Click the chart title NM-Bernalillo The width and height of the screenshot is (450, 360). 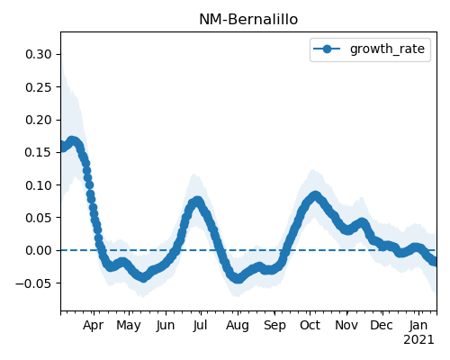[x=248, y=20]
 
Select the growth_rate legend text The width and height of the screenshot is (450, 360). [x=387, y=49]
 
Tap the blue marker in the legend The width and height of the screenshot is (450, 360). [x=327, y=49]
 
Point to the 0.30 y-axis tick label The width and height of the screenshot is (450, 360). [x=39, y=54]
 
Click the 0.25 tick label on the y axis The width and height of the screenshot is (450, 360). [x=39, y=87]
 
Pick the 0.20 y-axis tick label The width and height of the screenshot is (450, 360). [x=39, y=120]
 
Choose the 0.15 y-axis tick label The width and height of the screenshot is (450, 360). [x=39, y=152]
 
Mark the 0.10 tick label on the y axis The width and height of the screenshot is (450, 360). [x=39, y=185]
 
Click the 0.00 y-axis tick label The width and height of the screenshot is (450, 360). [x=39, y=250]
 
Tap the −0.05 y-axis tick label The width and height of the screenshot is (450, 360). [x=33, y=283]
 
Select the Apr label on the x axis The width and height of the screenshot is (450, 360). [x=94, y=326]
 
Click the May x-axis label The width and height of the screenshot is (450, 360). [x=129, y=326]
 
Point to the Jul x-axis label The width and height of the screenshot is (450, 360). [x=201, y=325]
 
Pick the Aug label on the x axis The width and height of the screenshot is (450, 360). [x=238, y=326]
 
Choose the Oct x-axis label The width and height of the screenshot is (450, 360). [x=310, y=325]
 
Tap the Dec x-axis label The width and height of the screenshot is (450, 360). [x=382, y=325]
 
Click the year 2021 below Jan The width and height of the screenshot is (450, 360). [x=418, y=340]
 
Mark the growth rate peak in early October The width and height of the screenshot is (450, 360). [x=315, y=196]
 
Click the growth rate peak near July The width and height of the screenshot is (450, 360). [x=197, y=202]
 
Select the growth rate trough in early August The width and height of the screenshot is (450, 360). [x=238, y=279]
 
